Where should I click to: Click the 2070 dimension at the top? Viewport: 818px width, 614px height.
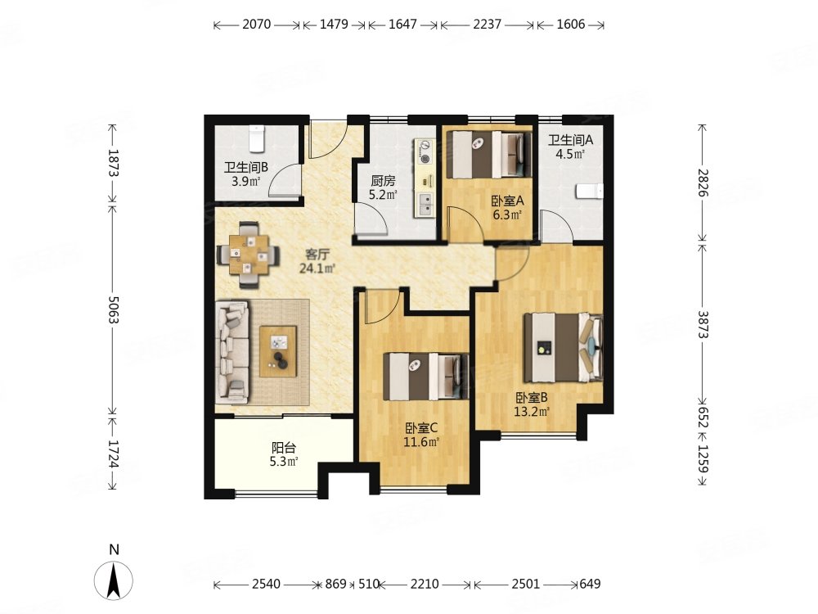pyautogui.click(x=257, y=25)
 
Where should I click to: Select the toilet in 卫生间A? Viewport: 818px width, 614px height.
pyautogui.click(x=590, y=191)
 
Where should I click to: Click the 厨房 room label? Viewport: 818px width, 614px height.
pyautogui.click(x=383, y=181)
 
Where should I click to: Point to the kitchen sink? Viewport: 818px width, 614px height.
pyautogui.click(x=425, y=204)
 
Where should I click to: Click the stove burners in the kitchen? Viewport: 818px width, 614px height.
pyautogui.click(x=425, y=151)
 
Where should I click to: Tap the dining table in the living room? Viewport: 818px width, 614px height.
pyautogui.click(x=249, y=255)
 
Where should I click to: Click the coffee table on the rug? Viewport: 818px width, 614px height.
pyautogui.click(x=279, y=351)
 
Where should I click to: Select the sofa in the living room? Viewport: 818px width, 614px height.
pyautogui.click(x=232, y=351)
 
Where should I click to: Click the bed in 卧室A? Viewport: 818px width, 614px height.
pyautogui.click(x=488, y=155)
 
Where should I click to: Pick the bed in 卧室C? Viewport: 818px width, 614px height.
pyautogui.click(x=426, y=377)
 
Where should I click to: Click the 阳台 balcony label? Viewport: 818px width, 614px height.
pyautogui.click(x=284, y=448)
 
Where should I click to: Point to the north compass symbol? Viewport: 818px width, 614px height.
pyautogui.click(x=114, y=580)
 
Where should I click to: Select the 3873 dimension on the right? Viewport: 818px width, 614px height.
pyautogui.click(x=703, y=324)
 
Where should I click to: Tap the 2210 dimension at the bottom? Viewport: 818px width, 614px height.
pyautogui.click(x=424, y=584)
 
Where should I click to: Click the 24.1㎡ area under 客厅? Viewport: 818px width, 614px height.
pyautogui.click(x=317, y=269)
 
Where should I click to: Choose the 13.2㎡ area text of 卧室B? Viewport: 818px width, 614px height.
pyautogui.click(x=532, y=412)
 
